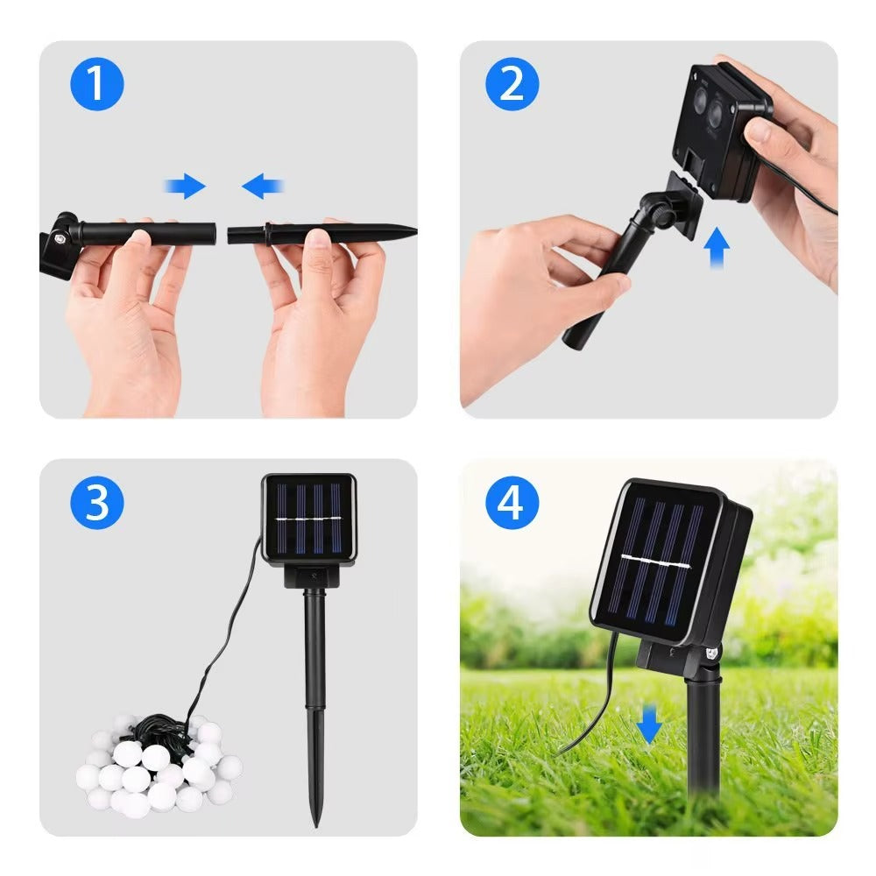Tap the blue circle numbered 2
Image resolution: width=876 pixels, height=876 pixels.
click(512, 84)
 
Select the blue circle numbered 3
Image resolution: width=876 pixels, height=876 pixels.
click(96, 504)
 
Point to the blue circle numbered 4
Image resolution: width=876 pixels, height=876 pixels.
click(512, 504)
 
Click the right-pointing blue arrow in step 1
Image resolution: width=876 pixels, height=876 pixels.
click(185, 186)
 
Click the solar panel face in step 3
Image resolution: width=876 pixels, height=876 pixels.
click(309, 518)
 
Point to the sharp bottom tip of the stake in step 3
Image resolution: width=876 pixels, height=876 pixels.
click(316, 822)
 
